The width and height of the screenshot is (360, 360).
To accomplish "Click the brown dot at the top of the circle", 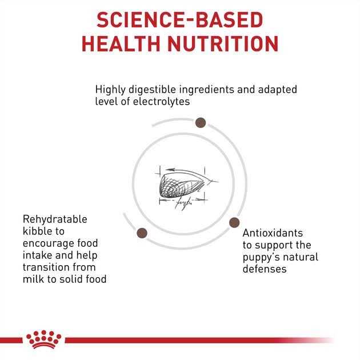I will tap(201, 122).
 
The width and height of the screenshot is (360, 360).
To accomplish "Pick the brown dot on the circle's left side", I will tap(142, 232).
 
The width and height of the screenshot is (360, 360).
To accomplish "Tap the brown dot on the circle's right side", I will tap(234, 222).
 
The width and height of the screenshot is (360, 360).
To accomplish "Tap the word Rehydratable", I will tap(55, 219).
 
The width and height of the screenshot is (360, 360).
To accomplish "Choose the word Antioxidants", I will tap(273, 233).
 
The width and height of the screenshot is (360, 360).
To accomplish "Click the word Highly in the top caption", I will tap(110, 90).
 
